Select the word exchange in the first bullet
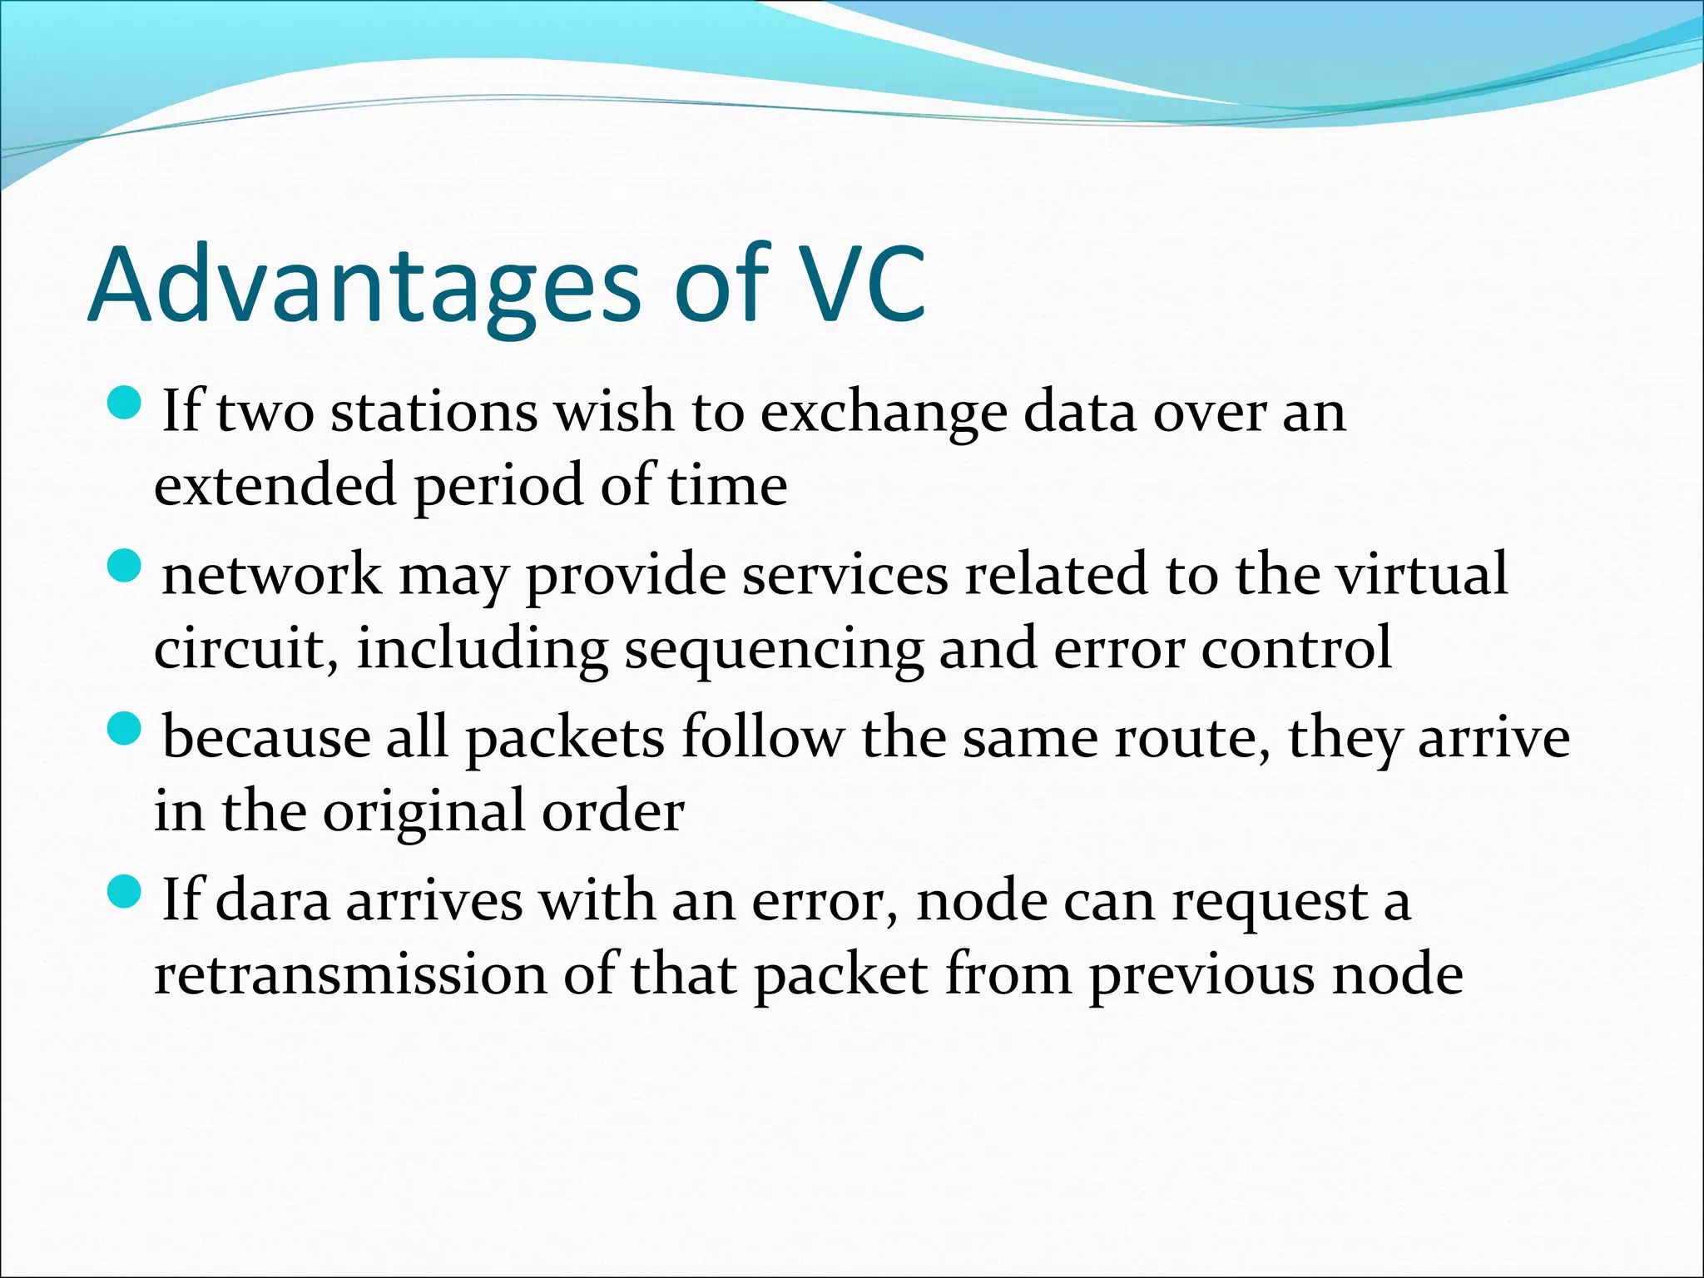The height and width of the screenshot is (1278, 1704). click(884, 414)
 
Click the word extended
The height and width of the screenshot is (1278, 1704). click(275, 486)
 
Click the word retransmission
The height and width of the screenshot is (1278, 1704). click(350, 974)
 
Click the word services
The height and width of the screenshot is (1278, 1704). click(845, 575)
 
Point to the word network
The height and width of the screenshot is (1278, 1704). click(272, 575)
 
